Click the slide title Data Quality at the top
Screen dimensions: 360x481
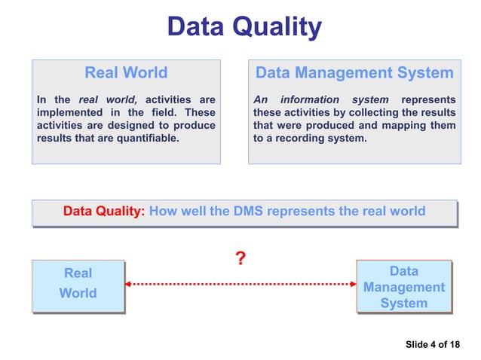click(x=244, y=28)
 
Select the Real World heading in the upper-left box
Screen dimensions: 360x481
click(x=126, y=73)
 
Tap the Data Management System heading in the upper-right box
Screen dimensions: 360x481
click(x=354, y=73)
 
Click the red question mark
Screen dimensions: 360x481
click(x=240, y=260)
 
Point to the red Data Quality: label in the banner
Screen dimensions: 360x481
click(x=103, y=212)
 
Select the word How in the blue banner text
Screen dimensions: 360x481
click(x=163, y=212)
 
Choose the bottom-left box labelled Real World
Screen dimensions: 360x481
click(x=78, y=283)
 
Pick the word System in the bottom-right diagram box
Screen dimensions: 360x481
click(x=403, y=304)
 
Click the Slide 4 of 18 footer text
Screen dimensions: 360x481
click(x=432, y=345)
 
